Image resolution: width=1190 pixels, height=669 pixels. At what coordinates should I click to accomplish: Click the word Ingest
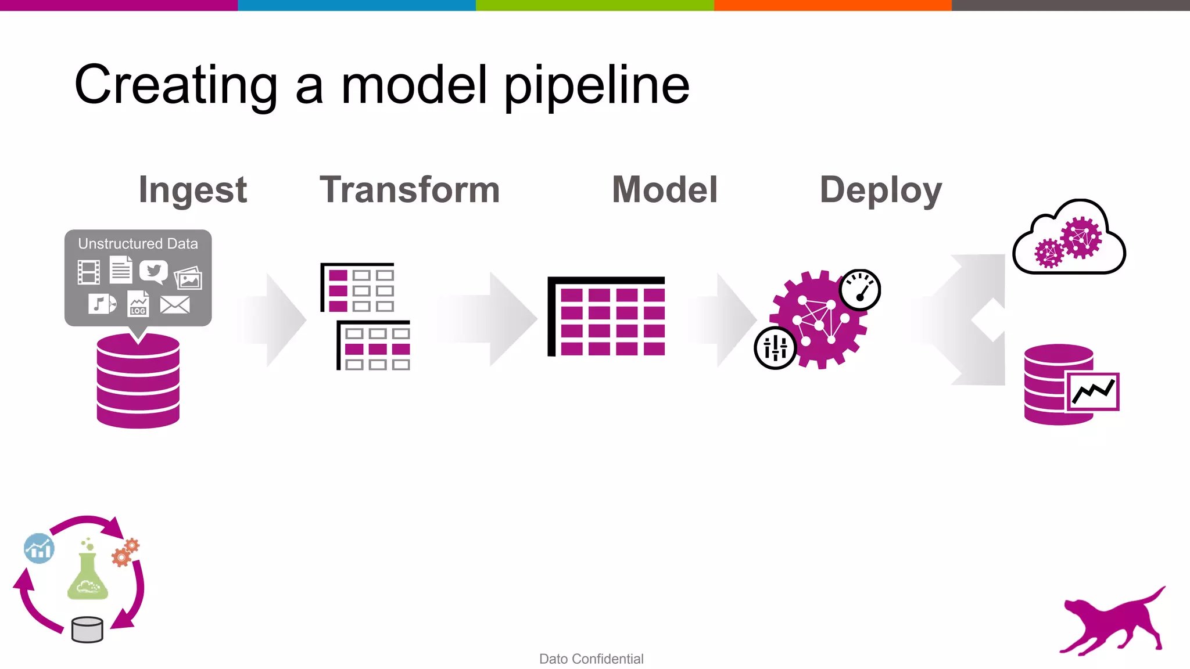coord(192,190)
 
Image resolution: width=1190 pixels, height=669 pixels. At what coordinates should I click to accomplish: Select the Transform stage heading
coord(409,190)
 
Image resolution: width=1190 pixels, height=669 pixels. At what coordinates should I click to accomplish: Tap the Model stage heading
coord(665,190)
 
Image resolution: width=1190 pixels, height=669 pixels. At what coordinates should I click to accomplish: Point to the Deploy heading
coord(880,190)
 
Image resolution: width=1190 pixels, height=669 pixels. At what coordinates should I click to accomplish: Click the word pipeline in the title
coord(596,86)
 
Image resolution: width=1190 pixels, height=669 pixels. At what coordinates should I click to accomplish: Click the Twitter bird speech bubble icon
coord(153,271)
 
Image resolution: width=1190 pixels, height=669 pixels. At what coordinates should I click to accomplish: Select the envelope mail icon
coord(174,304)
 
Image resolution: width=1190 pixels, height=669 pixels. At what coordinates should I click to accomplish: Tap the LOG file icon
coord(138,304)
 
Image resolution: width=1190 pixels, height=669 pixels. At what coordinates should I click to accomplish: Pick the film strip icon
coord(89,272)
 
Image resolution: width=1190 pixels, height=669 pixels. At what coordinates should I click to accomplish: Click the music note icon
coord(102,303)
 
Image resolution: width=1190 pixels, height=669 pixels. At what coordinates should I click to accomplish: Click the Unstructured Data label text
coord(138,244)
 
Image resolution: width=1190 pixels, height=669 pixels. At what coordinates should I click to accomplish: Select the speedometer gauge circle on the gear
coord(859,289)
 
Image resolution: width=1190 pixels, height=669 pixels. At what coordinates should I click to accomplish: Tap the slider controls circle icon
coord(775,348)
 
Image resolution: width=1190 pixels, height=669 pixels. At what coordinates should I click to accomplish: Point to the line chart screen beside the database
coord(1092,392)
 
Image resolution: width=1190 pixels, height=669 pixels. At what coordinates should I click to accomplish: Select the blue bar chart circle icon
coord(39,548)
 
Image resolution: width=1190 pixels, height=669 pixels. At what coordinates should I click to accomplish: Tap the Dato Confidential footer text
coord(591,659)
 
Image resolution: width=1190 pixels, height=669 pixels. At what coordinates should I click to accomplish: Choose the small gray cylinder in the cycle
coord(87,630)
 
